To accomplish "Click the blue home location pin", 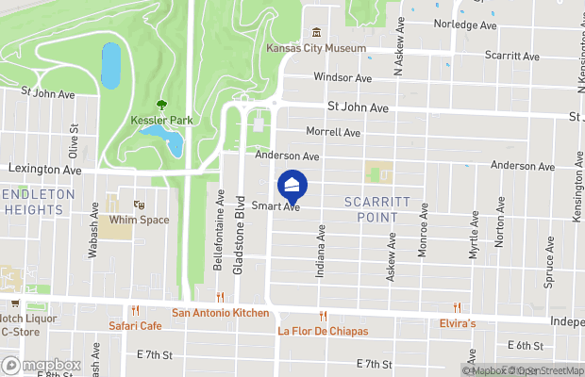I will (292, 185).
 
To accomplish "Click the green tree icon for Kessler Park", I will (162, 105).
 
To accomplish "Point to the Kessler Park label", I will (161, 121).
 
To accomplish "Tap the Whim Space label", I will (139, 220).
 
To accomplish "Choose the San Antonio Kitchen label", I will (220, 313).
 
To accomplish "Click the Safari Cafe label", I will (136, 326).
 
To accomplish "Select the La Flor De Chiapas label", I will (323, 332).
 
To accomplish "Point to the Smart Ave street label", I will (276, 206).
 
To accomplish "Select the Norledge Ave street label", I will (465, 25).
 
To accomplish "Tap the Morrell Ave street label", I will (333, 133).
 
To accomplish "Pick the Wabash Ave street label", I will (93, 231).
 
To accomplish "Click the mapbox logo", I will (40, 365).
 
